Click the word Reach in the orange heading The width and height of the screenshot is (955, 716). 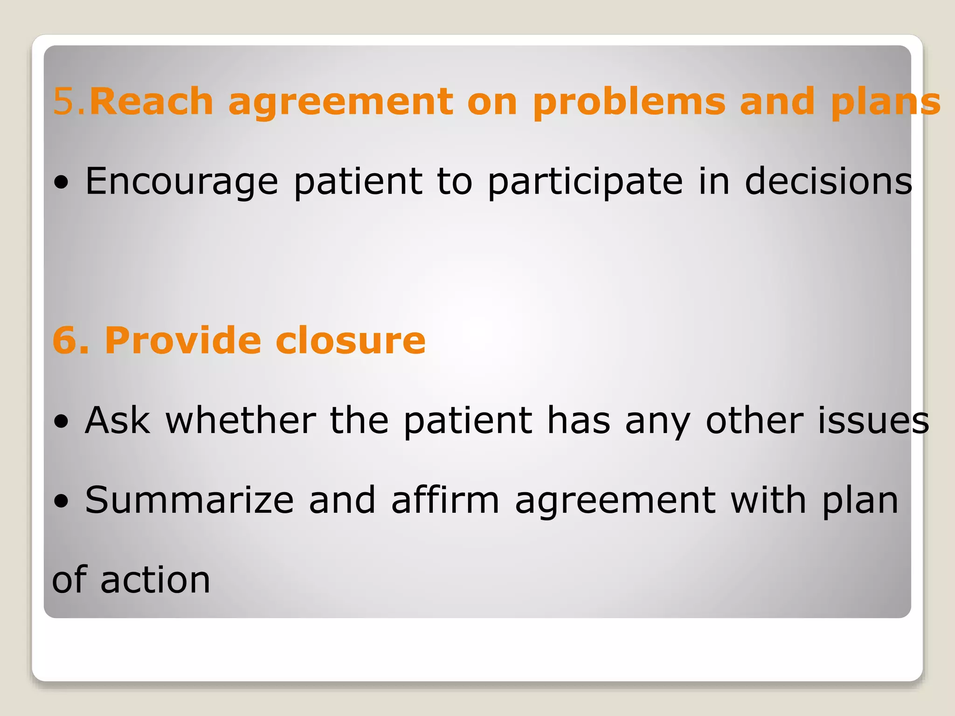151,101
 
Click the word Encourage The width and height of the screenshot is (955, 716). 182,182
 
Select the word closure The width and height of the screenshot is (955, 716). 350,340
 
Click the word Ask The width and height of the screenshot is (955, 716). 118,420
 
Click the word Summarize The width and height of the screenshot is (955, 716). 189,500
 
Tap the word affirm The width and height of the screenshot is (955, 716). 445,500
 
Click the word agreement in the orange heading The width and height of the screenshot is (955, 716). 340,102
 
